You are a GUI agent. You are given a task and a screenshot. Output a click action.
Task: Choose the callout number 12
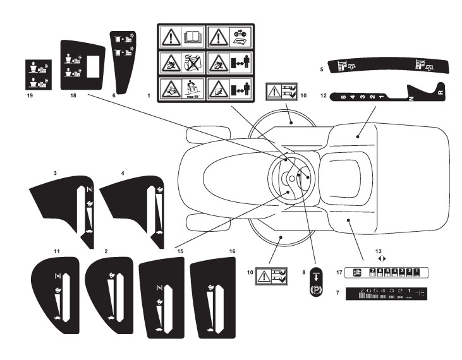tap(323, 97)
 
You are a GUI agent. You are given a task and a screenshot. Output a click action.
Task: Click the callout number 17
tap(339, 272)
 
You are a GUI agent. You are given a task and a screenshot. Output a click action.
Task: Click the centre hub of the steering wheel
tap(289, 178)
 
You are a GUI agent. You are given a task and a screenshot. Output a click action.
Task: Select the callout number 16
tap(233, 251)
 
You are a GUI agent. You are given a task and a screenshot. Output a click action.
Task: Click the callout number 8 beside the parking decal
tap(303, 272)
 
